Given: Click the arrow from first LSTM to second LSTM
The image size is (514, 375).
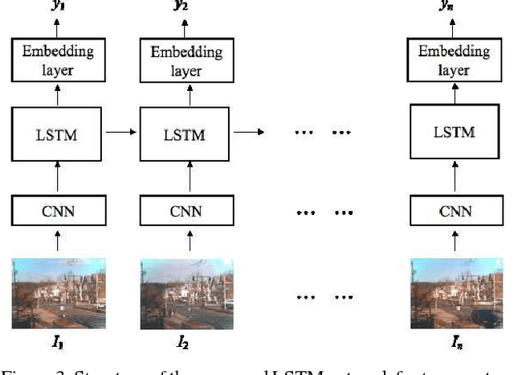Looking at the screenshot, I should [x=122, y=131].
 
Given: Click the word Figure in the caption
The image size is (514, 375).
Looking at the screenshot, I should [x=21, y=368].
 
